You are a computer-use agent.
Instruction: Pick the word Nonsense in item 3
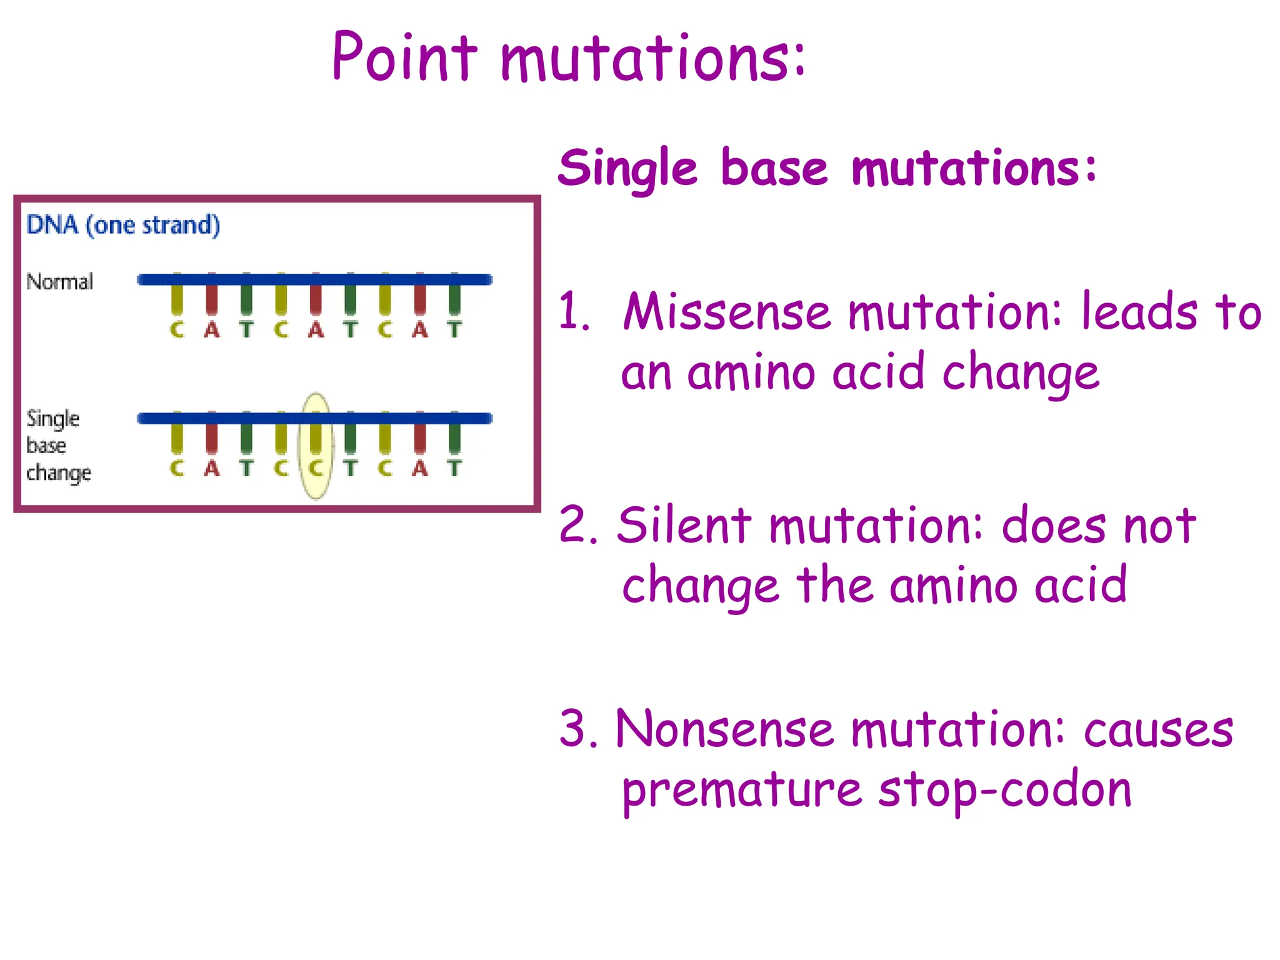(724, 729)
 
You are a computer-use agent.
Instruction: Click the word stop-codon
(1004, 790)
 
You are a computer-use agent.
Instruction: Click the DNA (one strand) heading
(123, 224)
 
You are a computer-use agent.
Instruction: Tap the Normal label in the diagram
(59, 281)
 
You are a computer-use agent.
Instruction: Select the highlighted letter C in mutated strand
(316, 467)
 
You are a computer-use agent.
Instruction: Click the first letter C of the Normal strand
(177, 329)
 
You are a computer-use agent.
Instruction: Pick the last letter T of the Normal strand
(454, 329)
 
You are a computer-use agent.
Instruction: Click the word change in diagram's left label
(59, 473)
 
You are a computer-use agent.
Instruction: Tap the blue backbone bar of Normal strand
(314, 279)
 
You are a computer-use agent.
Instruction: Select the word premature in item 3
(742, 791)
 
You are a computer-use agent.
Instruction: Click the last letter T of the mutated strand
(454, 467)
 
